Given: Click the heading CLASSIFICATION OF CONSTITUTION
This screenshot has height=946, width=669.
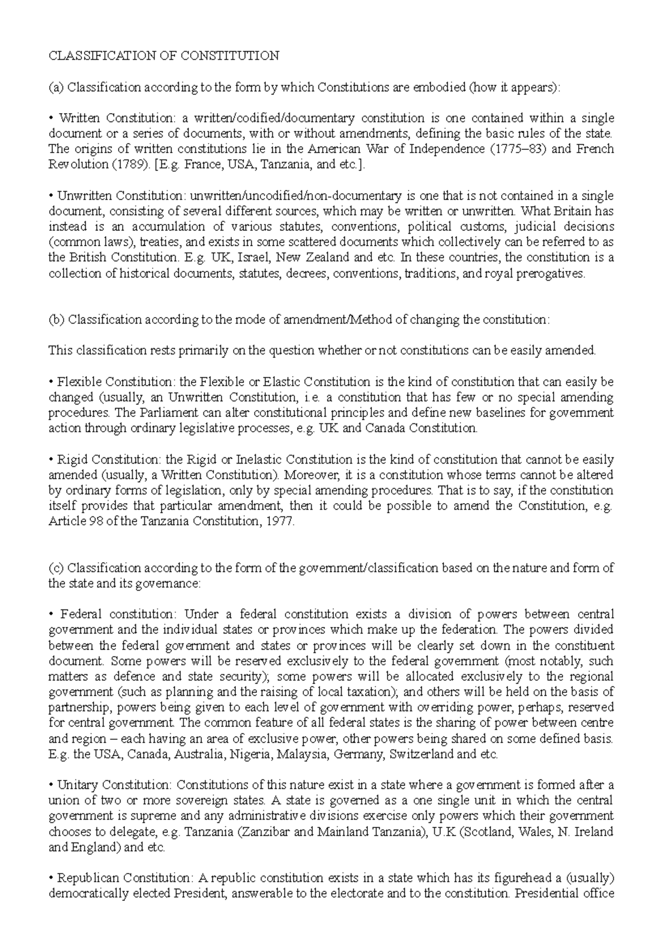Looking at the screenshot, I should [x=164, y=56].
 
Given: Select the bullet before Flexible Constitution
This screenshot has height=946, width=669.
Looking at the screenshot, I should [x=51, y=382].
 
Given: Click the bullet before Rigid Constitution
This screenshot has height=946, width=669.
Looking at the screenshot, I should [x=51, y=460].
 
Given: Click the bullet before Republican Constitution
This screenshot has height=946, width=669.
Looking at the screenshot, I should [x=51, y=878].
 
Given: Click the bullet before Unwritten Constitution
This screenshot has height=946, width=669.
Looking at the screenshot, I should [x=51, y=196].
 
